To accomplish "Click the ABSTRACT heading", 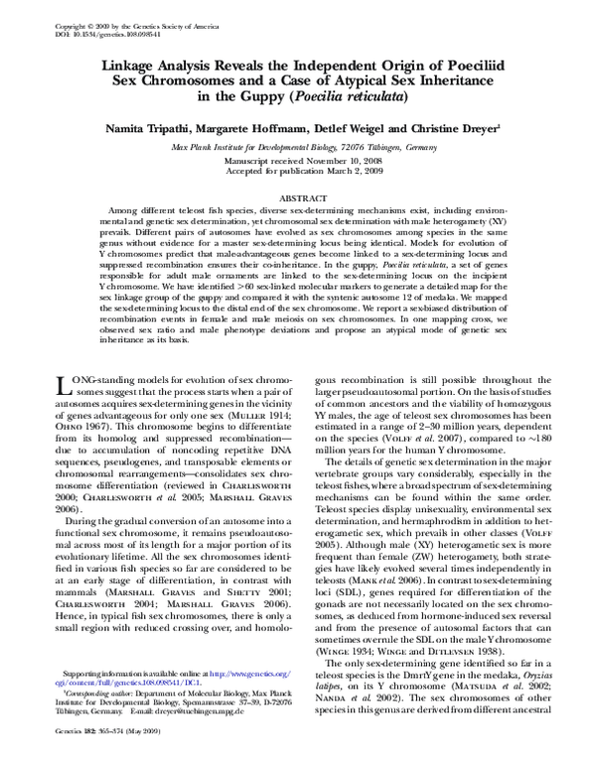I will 299,197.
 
